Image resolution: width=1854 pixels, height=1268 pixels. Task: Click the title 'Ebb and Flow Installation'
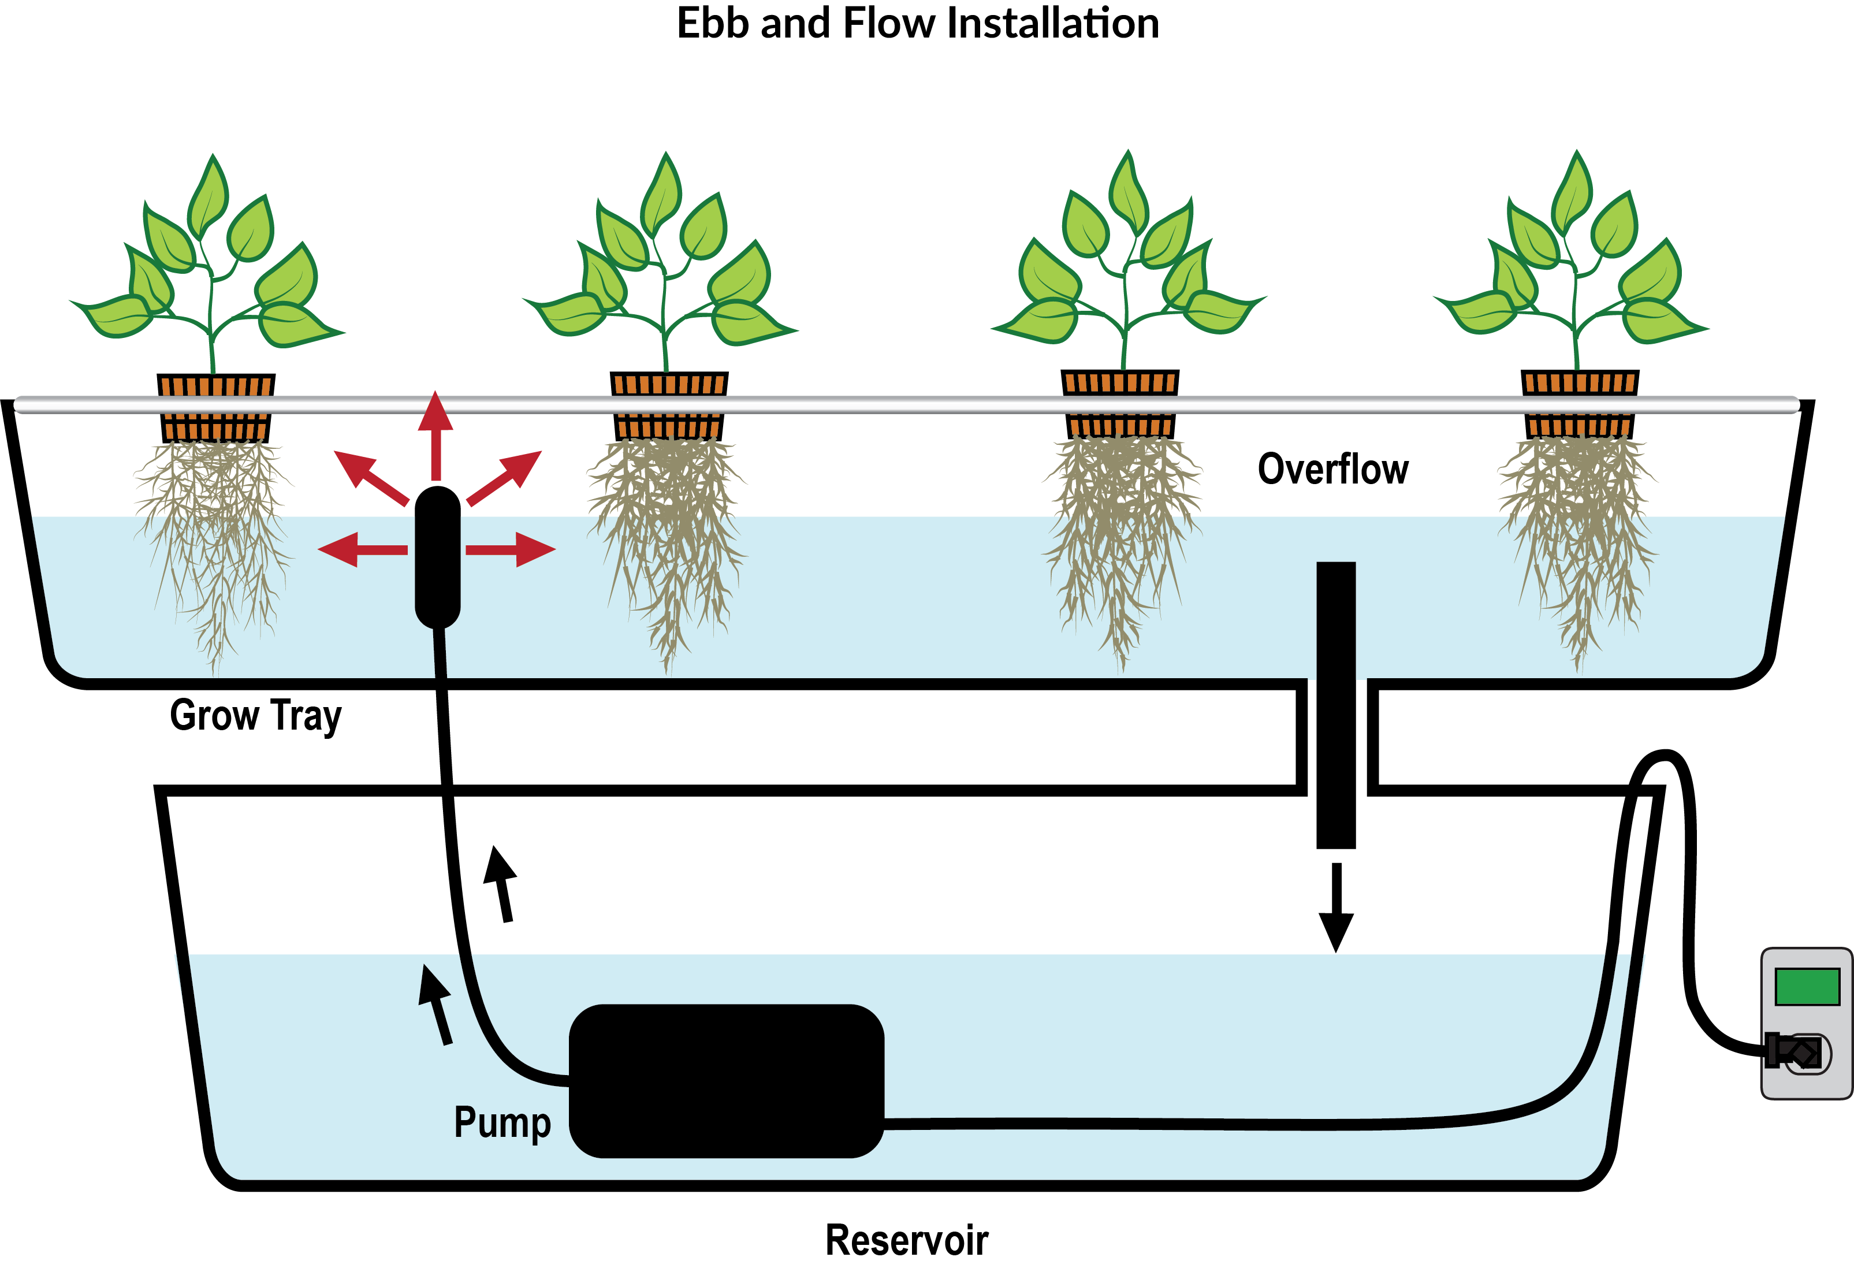tap(917, 23)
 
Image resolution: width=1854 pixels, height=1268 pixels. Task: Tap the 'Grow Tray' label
tap(255, 715)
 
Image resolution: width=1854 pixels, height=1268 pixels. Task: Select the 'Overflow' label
tap(1332, 468)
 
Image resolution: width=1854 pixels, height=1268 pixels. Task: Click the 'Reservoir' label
tap(906, 1239)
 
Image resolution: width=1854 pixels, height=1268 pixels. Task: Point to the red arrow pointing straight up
tap(435, 435)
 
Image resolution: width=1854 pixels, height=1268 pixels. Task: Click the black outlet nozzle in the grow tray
tap(438, 557)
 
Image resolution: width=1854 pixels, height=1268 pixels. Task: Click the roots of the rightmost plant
tap(1578, 542)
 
